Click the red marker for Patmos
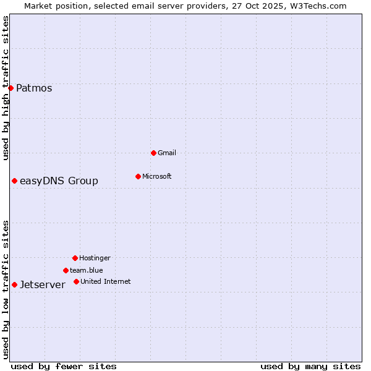(x=11, y=88)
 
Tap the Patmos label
(x=34, y=88)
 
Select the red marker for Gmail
(x=153, y=153)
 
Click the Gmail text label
(x=167, y=153)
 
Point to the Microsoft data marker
(x=138, y=176)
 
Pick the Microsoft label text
(x=156, y=176)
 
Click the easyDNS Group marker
(x=14, y=181)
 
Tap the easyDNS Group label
(x=59, y=181)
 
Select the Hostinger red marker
(x=75, y=258)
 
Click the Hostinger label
(x=95, y=258)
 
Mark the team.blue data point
(x=66, y=270)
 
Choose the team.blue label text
(x=87, y=270)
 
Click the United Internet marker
(x=76, y=281)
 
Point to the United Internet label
(x=105, y=281)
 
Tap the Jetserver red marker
(x=14, y=284)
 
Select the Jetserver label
(x=43, y=284)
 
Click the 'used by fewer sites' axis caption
(x=64, y=366)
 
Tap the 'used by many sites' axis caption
(x=310, y=366)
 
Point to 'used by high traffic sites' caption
(x=6, y=88)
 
